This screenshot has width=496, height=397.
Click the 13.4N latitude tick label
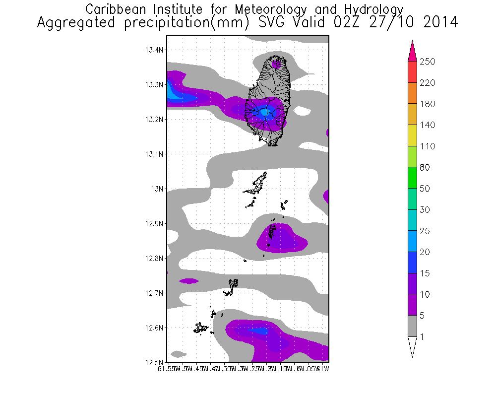point(154,50)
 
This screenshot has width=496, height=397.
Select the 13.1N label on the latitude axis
point(154,154)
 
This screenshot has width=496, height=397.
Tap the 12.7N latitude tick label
point(154,293)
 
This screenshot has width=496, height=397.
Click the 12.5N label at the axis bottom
point(154,362)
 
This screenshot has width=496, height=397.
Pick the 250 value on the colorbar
point(428,62)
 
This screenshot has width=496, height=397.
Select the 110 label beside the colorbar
point(428,146)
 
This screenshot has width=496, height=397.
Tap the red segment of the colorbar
point(412,72)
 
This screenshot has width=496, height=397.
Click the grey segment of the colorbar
point(412,327)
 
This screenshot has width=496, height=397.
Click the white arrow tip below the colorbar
point(412,347)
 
